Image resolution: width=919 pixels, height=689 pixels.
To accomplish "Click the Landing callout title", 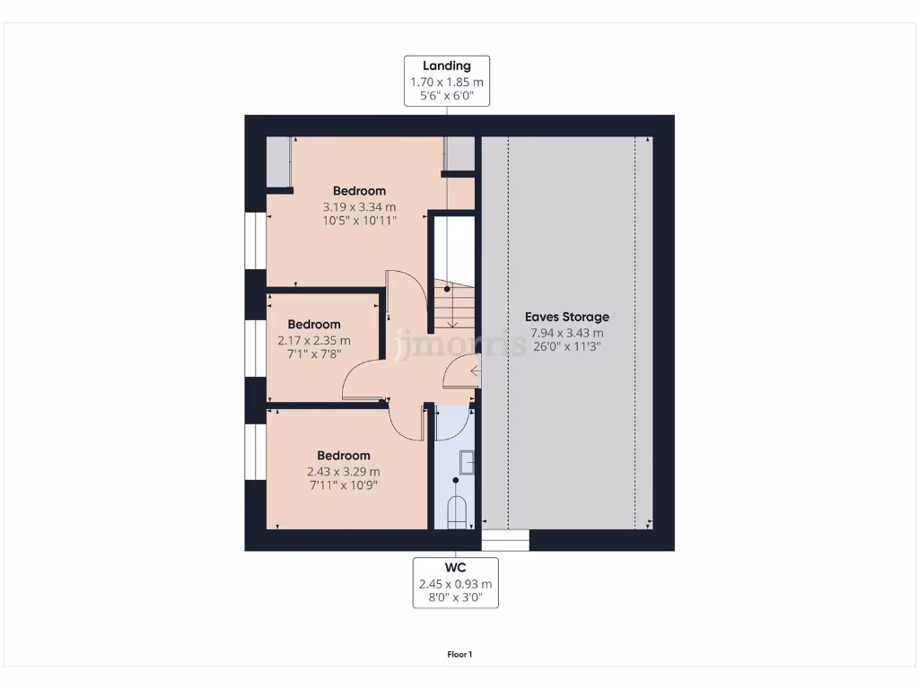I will (446, 65).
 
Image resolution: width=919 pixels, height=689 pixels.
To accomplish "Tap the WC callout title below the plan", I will (455, 568).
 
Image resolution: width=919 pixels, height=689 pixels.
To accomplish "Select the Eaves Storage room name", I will (566, 317).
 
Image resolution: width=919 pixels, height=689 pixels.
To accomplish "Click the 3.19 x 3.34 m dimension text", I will (359, 206).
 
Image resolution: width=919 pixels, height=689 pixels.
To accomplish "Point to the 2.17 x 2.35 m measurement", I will (313, 340).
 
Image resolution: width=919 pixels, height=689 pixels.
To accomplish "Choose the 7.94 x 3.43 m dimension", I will (566, 333).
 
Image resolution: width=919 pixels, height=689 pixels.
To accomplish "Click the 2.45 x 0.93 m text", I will (455, 583).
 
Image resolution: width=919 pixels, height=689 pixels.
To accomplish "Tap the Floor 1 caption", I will (459, 654).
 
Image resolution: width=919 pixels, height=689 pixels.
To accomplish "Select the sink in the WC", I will (467, 462).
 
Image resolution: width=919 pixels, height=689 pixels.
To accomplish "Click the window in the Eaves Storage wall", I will (505, 539).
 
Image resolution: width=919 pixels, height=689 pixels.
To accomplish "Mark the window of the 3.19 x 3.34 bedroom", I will (256, 240).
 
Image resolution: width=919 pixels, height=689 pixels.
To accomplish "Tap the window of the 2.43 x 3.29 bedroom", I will (256, 452).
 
